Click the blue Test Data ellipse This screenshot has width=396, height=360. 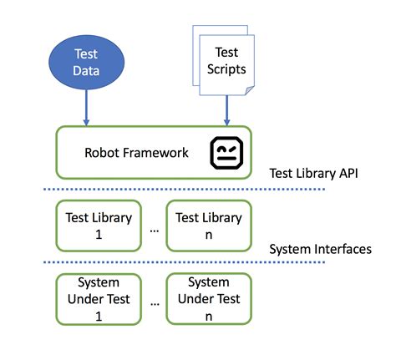pos(85,63)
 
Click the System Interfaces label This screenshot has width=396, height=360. pos(321,249)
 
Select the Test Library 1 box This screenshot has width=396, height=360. pos(98,225)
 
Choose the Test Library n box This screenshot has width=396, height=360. pos(208,225)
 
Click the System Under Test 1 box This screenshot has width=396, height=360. pos(98,299)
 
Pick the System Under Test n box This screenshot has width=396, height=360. pos(208,299)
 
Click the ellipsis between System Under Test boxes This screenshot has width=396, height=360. pos(153,303)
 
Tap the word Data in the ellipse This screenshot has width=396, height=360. pos(85,71)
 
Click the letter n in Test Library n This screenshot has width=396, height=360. pos(208,234)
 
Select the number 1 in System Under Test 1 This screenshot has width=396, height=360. pos(98,315)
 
